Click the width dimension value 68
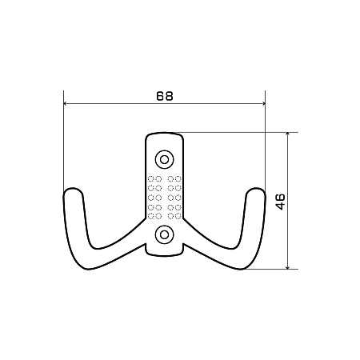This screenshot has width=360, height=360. (165, 96)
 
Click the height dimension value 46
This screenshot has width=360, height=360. (280, 202)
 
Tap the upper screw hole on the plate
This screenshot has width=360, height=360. (165, 159)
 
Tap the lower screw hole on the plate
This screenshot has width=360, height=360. (165, 234)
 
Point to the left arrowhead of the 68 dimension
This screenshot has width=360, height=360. (66, 104)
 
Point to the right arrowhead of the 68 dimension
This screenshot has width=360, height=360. (263, 104)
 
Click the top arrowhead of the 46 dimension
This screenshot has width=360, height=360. (287, 134)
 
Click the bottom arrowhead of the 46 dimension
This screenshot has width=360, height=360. (287, 267)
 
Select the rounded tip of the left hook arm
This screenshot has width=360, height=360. (73, 190)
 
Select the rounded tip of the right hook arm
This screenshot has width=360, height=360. (256, 190)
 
